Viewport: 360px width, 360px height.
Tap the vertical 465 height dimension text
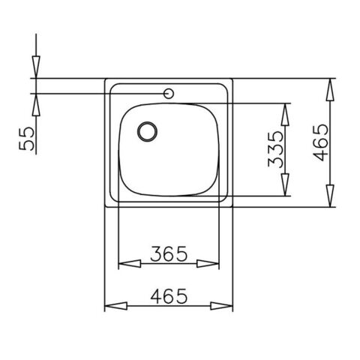tap(319, 142)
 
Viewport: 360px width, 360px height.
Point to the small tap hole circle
tap(170, 94)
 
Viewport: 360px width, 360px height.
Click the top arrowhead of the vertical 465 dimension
tap(330, 88)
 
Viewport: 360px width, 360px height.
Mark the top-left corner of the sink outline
tap(105, 78)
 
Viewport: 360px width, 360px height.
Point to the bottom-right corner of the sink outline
tap(232, 205)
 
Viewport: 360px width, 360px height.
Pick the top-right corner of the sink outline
tap(232, 78)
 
